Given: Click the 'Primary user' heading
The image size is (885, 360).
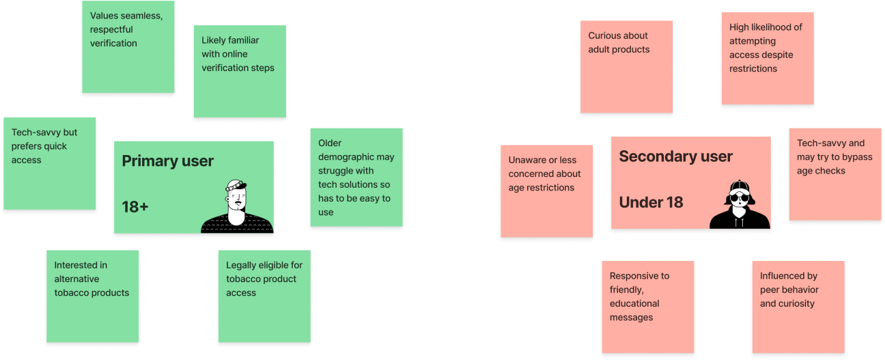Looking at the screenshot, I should (x=167, y=161).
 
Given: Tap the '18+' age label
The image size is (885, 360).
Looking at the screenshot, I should (x=135, y=206).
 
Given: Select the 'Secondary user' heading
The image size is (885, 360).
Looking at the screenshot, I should (x=675, y=156).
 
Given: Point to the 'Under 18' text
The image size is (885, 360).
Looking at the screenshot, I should (x=650, y=202).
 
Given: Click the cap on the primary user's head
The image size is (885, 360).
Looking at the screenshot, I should (x=236, y=185).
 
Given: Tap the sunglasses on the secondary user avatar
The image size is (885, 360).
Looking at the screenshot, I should (x=740, y=198).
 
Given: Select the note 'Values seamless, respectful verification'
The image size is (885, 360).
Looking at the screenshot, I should (x=128, y=46).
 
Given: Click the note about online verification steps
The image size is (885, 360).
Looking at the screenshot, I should (x=239, y=71).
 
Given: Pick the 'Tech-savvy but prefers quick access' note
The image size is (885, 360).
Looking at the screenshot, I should (x=49, y=163).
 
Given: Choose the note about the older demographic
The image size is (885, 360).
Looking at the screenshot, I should (x=356, y=177).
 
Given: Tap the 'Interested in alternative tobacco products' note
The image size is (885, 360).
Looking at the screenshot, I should (x=92, y=295).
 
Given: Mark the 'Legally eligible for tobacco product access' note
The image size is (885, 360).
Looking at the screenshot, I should (x=264, y=296).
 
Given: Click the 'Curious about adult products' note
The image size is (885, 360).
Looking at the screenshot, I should (x=626, y=66).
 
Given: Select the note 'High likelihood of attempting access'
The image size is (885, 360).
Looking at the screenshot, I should (x=767, y=57).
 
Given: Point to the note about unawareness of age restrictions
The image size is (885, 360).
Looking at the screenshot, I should (x=546, y=191).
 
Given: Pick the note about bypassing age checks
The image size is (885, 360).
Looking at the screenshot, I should (x=834, y=174).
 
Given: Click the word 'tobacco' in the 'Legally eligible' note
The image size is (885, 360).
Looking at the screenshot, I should (x=244, y=279).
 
